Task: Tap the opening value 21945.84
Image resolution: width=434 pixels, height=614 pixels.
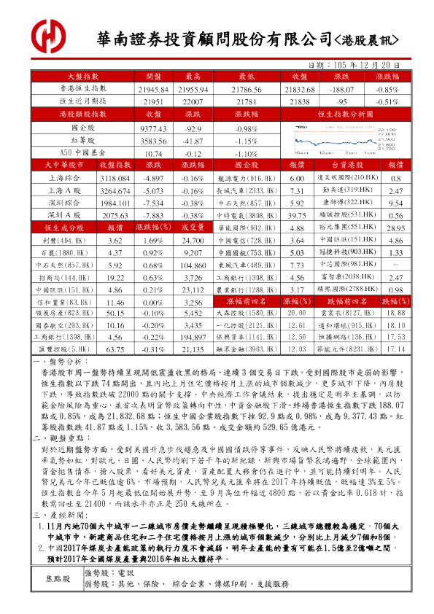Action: tap(153, 88)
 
